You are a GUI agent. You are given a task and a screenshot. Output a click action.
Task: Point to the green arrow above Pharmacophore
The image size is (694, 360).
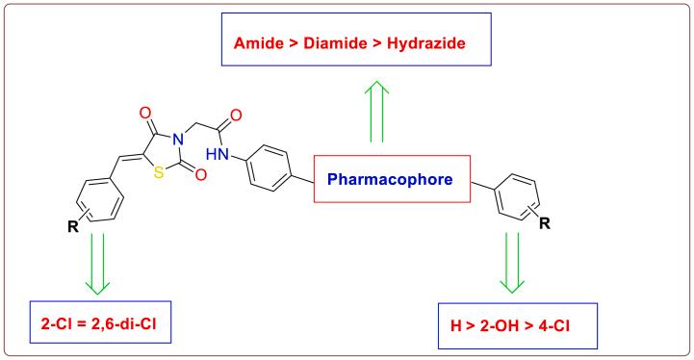point(378,114)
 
